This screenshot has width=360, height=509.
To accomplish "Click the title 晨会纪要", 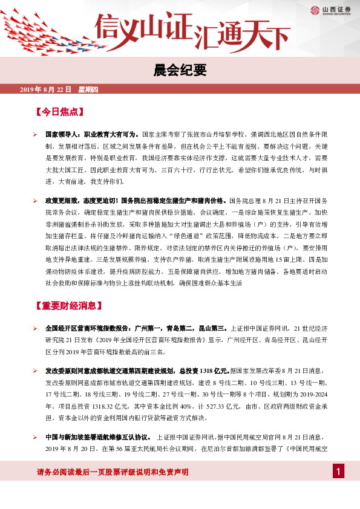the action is tap(180, 71).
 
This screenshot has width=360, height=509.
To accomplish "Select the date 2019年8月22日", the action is tap(46, 90).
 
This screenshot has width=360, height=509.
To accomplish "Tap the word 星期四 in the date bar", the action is tap(92, 90).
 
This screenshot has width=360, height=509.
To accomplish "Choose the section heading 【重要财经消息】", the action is tap(67, 305).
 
